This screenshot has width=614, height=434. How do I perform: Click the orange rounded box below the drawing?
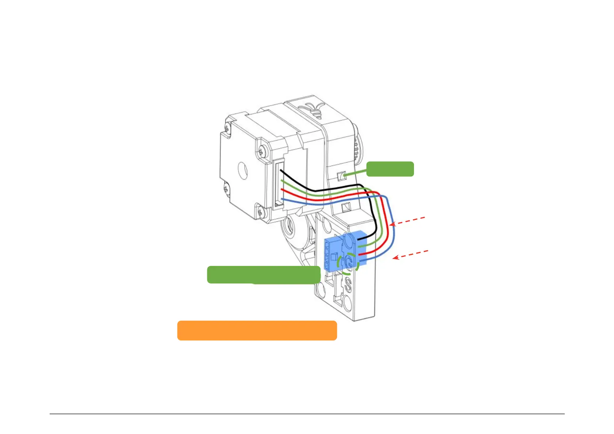(257, 331)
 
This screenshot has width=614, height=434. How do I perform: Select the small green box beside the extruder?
(390, 169)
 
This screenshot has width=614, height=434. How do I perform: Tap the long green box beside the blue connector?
(264, 275)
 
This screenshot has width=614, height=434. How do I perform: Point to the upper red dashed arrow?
(408, 221)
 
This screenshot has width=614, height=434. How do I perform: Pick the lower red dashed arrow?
(410, 255)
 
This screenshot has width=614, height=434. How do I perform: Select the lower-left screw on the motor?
(226, 189)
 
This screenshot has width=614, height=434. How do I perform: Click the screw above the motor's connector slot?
(263, 150)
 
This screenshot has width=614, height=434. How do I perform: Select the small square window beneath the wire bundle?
(345, 208)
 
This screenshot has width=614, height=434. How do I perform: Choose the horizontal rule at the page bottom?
(307, 414)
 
